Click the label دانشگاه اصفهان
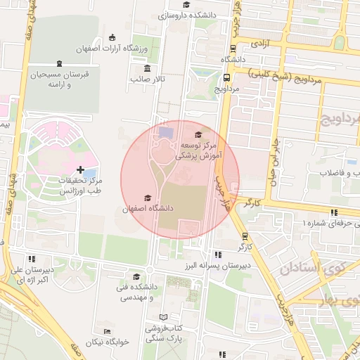146,209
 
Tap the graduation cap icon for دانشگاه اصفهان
146,198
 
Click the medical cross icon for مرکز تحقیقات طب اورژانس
81,169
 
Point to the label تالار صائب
147,79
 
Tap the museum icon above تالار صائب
146,68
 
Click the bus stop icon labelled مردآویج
226,79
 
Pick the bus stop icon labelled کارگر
244,236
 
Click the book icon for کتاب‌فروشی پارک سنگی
164,317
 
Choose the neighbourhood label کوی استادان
310,268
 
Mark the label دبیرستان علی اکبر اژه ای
32,274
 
